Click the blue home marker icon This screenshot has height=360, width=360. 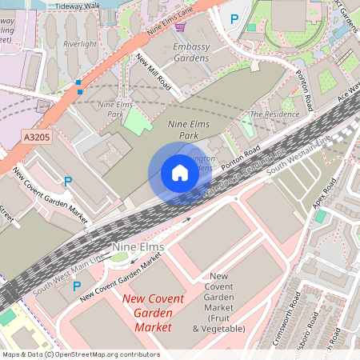click(179, 173)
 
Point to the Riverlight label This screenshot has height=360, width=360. click(80, 44)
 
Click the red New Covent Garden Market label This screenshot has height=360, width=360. click(153, 313)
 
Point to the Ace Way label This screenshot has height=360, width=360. click(348, 93)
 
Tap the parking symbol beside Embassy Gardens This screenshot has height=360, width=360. click(234, 18)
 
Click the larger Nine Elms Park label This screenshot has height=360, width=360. click(182, 130)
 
